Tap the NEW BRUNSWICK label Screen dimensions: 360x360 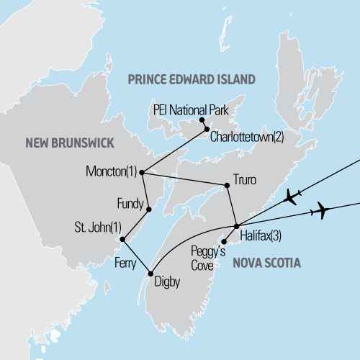tap(70, 144)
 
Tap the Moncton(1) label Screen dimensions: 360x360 tap(110, 172)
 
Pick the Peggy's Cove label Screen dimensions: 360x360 tap(207, 258)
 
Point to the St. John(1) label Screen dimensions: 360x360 tap(97, 228)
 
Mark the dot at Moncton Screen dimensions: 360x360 tap(142, 173)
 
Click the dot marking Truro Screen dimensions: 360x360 tap(228, 186)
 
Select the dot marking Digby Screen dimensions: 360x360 tap(150, 273)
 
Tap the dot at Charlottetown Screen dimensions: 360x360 tap(207, 130)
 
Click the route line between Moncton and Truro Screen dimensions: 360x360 tap(184, 179)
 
